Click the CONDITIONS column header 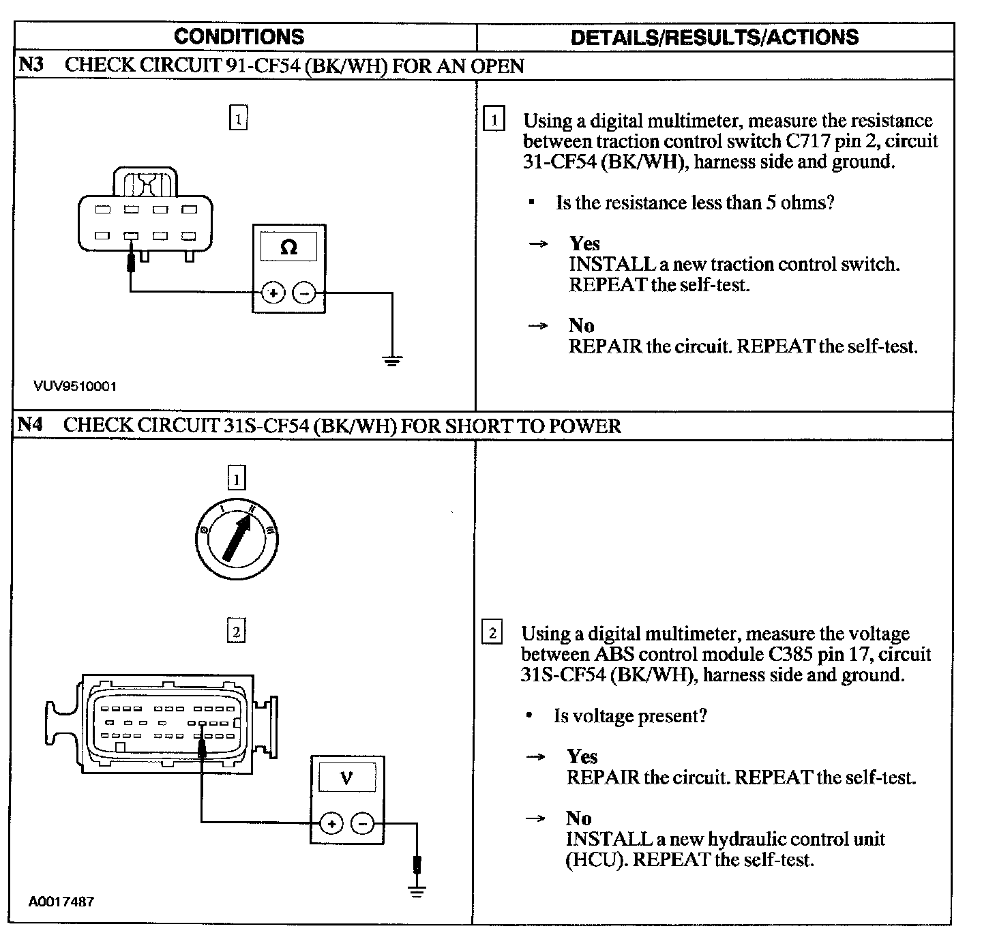tap(239, 37)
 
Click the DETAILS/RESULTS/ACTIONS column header tap(715, 38)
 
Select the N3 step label tap(31, 65)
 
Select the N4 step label tap(30, 425)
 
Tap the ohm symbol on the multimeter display tap(288, 248)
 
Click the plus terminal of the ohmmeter tap(272, 294)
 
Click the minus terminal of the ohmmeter tap(304, 294)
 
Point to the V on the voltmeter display tap(346, 777)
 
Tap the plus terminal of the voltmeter tap(331, 823)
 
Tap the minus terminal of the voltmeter tap(362, 823)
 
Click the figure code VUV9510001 tap(75, 387)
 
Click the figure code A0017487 tap(61, 902)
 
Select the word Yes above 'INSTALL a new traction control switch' tap(584, 243)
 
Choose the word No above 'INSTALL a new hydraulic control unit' tap(578, 818)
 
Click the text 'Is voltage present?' tap(630, 715)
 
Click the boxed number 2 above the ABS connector tap(236, 632)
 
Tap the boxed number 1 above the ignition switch tap(236, 479)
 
